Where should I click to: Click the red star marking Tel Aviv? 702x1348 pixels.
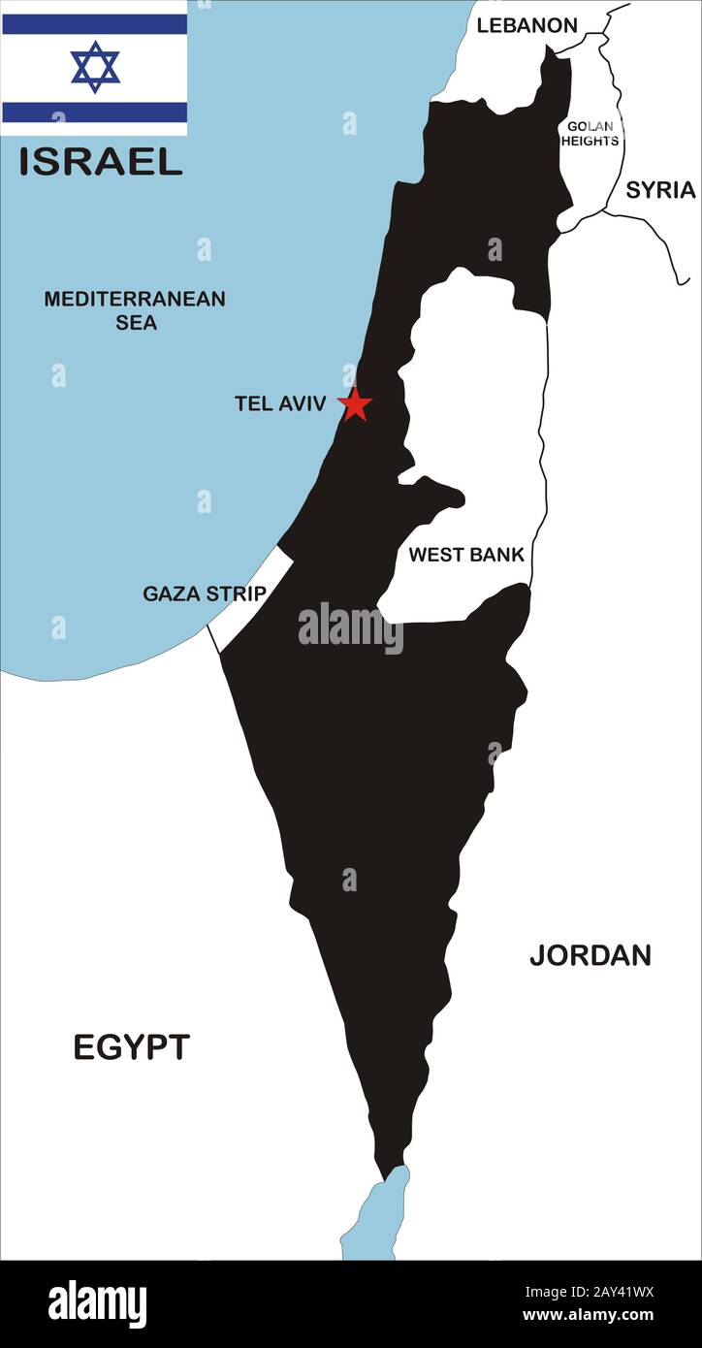click(356, 404)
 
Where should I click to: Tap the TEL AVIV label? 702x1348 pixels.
click(280, 403)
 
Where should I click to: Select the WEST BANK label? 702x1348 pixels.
click(465, 556)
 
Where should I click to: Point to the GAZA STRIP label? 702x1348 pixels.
click(204, 594)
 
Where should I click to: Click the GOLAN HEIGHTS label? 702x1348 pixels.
click(591, 134)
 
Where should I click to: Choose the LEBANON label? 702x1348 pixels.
click(526, 26)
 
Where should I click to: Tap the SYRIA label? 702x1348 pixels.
click(660, 190)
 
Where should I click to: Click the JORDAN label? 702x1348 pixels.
click(590, 955)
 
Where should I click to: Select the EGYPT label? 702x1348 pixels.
click(132, 1047)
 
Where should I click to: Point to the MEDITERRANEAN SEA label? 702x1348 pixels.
click(135, 310)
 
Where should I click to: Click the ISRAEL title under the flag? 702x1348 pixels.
click(101, 162)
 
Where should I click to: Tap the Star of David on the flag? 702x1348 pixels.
click(95, 67)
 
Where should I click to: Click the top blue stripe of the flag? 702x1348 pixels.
click(94, 24)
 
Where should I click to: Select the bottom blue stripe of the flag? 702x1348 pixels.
click(94, 112)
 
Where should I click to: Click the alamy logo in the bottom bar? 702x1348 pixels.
click(97, 1304)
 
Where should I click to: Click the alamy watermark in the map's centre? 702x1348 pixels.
click(350, 627)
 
